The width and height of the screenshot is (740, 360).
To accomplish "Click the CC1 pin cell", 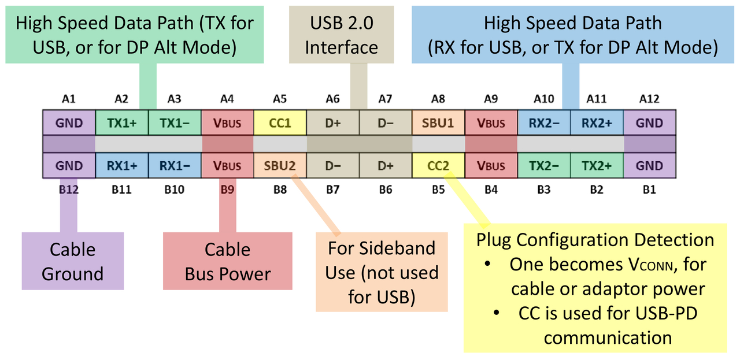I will pyautogui.click(x=280, y=123).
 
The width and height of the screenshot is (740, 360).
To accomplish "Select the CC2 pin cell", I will pyautogui.click(x=438, y=166).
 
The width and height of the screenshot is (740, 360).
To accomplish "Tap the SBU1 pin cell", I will pyautogui.click(x=438, y=123).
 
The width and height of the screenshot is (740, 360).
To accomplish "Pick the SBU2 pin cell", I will pyautogui.click(x=280, y=166).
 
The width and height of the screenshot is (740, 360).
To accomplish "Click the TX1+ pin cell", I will pyautogui.click(x=121, y=123).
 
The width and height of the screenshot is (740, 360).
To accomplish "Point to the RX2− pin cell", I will pyautogui.click(x=543, y=123).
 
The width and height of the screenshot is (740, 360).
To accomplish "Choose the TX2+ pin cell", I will pyautogui.click(x=597, y=166).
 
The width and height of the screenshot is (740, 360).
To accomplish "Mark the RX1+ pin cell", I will pyautogui.click(x=121, y=166).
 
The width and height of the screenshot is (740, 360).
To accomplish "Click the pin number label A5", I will pyautogui.click(x=280, y=99).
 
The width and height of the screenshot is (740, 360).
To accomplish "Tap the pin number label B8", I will pyautogui.click(x=280, y=189).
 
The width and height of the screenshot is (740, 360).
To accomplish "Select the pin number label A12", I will pyautogui.click(x=649, y=99).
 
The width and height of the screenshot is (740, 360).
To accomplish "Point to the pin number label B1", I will pyautogui.click(x=649, y=189).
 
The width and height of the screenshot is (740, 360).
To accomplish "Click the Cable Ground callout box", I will pyautogui.click(x=72, y=261).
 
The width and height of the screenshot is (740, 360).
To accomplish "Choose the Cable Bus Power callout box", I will pyautogui.click(x=227, y=261).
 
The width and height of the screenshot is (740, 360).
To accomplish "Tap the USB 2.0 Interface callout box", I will pyautogui.click(x=341, y=35).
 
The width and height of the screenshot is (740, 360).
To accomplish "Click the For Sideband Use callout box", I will pyautogui.click(x=382, y=272).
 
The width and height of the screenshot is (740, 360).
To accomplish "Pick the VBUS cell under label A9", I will pyautogui.click(x=491, y=123).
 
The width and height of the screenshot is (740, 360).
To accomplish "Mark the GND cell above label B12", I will pyautogui.click(x=69, y=166).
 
